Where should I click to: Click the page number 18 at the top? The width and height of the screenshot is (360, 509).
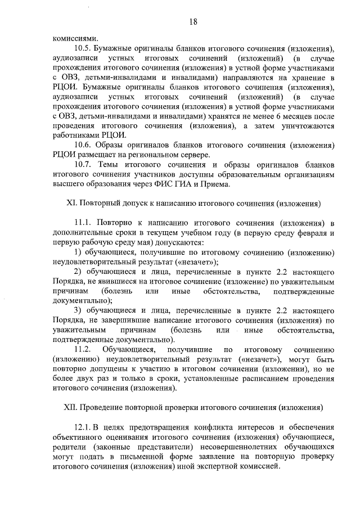tap(193, 21)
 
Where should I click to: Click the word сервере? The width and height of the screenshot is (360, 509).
tap(180, 154)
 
